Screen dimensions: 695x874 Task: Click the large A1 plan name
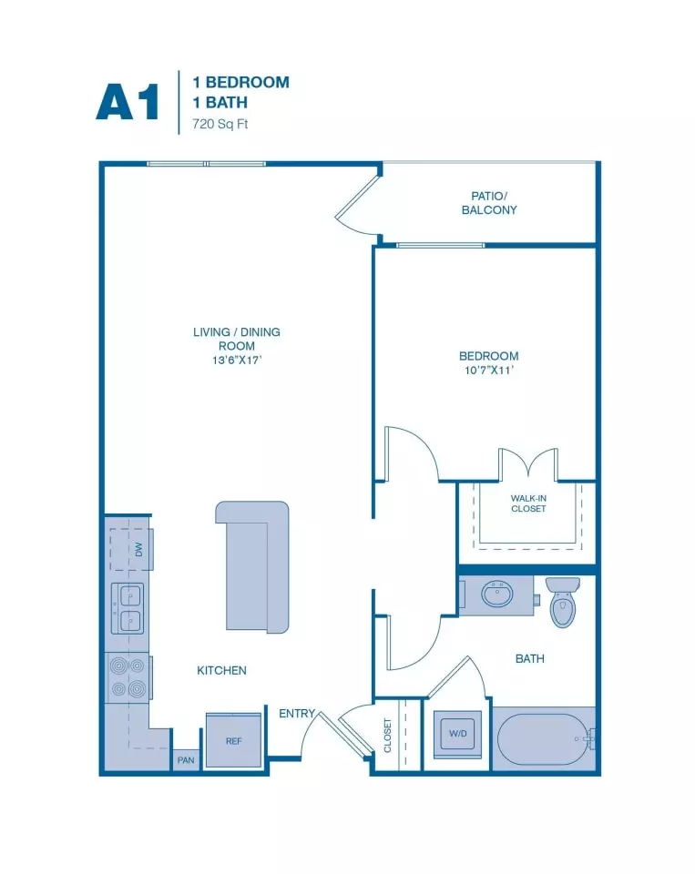[128, 101]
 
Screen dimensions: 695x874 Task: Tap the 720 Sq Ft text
[220, 124]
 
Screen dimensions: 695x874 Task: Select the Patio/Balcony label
[489, 203]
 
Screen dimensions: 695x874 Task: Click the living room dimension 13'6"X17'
[237, 361]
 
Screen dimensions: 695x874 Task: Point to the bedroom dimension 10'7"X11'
[488, 371]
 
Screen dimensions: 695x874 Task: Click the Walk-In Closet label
[528, 503]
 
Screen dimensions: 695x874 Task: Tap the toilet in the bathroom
[563, 603]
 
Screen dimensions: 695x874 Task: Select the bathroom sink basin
[497, 595]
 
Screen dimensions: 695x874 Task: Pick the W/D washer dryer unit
[457, 734]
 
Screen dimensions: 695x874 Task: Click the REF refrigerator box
[234, 740]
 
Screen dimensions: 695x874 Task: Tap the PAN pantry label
[186, 759]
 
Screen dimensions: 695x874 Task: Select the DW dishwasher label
[138, 550]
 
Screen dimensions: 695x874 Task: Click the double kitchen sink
[128, 608]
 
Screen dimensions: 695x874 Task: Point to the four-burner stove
[128, 677]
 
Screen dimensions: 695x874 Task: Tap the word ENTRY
[297, 714]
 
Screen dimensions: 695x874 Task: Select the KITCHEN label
[221, 671]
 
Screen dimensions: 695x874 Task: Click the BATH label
[530, 659]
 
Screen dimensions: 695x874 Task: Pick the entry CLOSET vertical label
[388, 736]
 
